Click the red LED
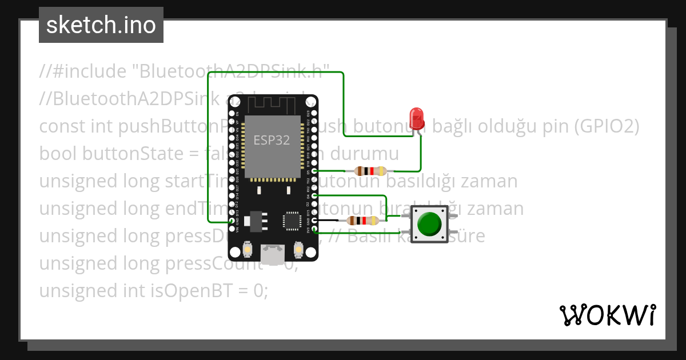(x=417, y=118)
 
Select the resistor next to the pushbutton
(x=364, y=221)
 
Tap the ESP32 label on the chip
(x=272, y=140)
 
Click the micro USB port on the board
(x=273, y=251)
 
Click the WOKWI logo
(x=607, y=315)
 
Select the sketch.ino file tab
(x=101, y=25)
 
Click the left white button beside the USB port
(x=248, y=250)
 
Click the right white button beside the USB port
(x=298, y=250)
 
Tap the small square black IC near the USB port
(x=292, y=221)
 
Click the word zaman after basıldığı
(x=489, y=181)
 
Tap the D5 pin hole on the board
(x=313, y=171)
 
